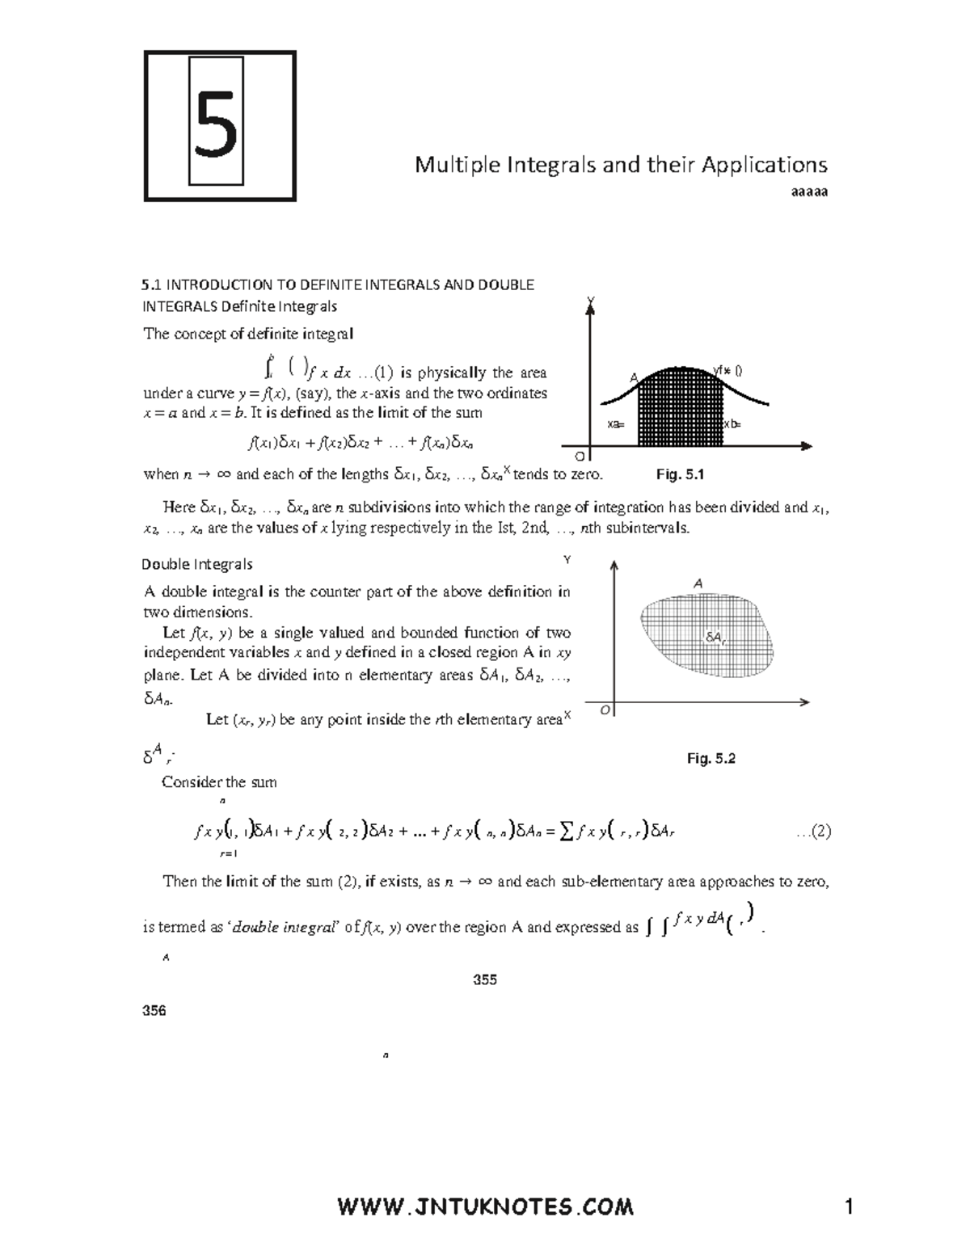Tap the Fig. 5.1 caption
pos(681,474)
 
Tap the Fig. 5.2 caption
pos(711,758)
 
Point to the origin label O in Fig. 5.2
pos(605,710)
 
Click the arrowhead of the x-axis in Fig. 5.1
pos(806,445)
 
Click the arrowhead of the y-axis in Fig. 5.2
pos(615,565)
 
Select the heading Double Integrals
pos(197,564)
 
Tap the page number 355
pos(485,979)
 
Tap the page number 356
pos(154,1010)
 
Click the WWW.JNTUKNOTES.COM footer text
pos(485,1207)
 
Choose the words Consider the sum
pos(219,781)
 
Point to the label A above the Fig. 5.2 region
pos(698,583)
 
